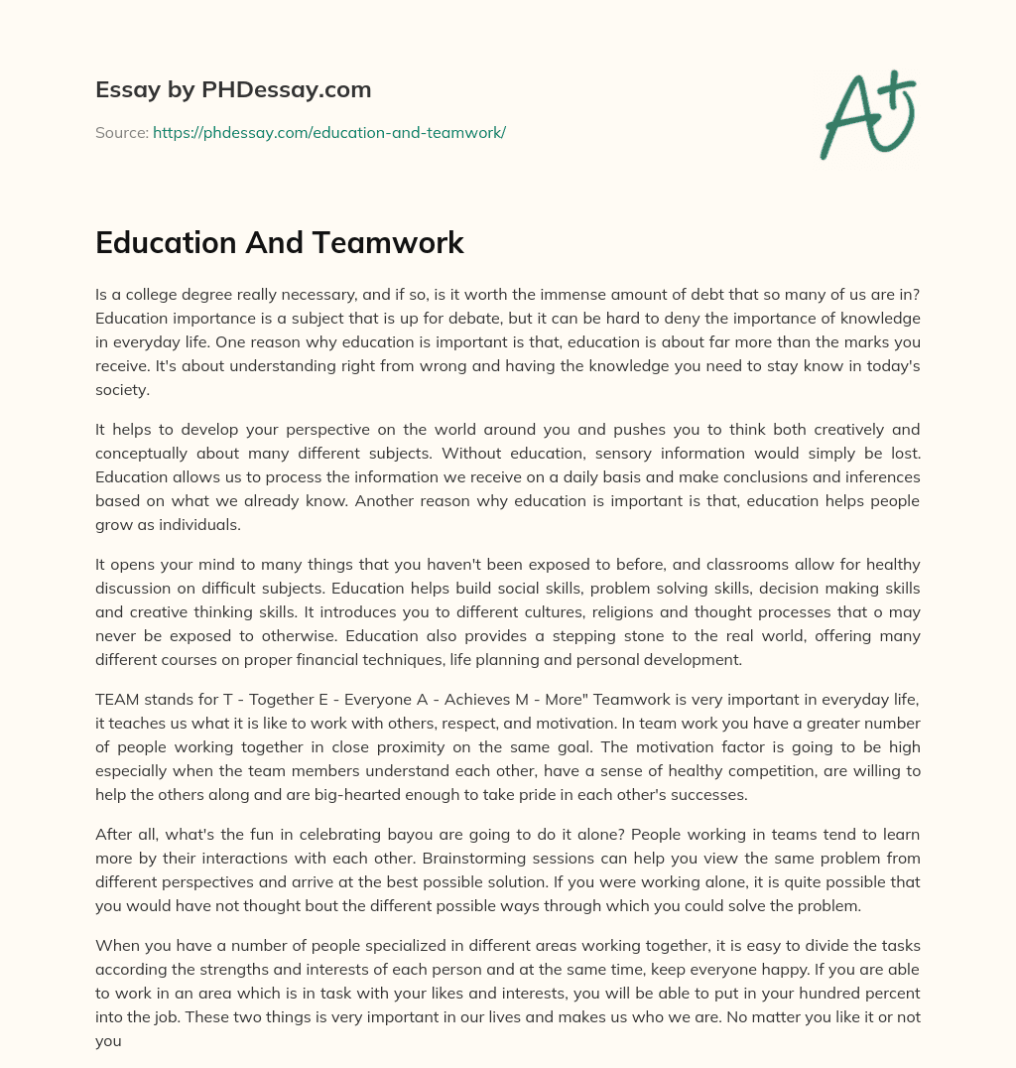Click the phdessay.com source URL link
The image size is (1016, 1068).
pos(329,132)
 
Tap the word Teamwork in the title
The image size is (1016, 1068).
pos(395,243)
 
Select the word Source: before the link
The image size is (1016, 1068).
pos(121,132)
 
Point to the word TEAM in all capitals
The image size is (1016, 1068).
pos(117,700)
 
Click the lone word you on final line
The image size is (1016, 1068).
pos(108,1041)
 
